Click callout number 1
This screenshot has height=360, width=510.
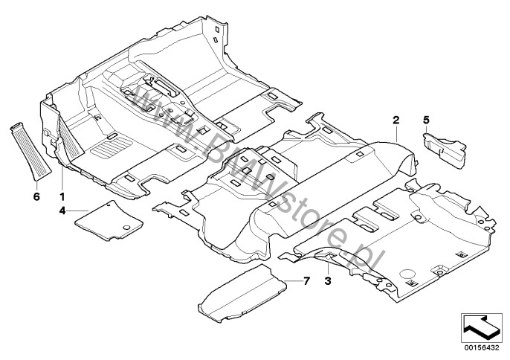click(62, 196)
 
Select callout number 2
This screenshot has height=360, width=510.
click(396, 120)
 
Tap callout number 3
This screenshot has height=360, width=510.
click(328, 280)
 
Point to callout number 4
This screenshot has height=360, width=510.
click(62, 211)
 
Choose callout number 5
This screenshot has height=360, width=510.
click(426, 120)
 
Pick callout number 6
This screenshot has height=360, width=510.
click(36, 196)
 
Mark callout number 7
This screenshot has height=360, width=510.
click(306, 280)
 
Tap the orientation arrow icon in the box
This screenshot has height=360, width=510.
click(480, 328)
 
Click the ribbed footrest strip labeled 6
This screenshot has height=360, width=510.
click(31, 151)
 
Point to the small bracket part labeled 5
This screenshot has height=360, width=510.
click(445, 150)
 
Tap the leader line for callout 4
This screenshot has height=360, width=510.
click(78, 211)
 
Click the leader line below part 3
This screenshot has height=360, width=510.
click(328, 269)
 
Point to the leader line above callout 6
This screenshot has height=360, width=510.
click(36, 185)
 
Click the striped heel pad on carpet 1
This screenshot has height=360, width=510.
click(112, 146)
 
